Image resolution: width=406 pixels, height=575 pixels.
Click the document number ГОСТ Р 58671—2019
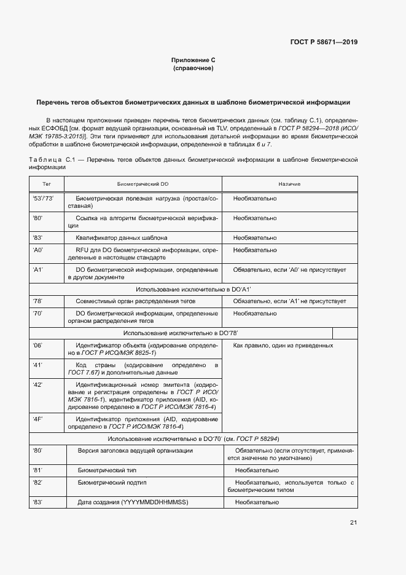(x=324, y=42)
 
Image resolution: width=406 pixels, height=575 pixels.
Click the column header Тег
(x=47, y=184)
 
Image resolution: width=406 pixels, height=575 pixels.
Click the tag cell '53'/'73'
(x=43, y=199)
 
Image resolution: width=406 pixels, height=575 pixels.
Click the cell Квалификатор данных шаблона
(x=122, y=237)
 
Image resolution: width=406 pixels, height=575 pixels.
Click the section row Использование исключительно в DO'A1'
(x=193, y=288)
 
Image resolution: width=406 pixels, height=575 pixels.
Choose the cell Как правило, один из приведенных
(x=284, y=346)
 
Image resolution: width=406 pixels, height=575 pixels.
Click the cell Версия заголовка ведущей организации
(x=135, y=451)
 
